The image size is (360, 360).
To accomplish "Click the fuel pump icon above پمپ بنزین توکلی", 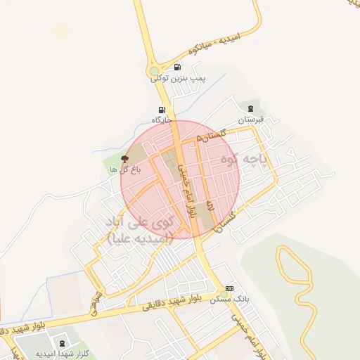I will [x=176, y=67].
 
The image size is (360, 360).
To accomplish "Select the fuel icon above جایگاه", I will [x=162, y=110].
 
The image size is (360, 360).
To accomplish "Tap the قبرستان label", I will [x=250, y=120].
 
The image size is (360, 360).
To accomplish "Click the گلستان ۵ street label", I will [x=212, y=131].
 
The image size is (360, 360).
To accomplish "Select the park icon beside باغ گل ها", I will [x=125, y=159].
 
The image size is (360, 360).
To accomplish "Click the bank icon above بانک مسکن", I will [x=229, y=290].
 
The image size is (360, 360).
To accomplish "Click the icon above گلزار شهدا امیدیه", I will [x=63, y=343].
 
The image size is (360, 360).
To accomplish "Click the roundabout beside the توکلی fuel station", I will [x=154, y=71].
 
